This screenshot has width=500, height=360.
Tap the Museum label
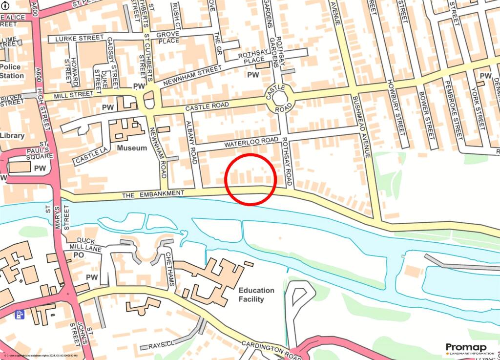tap(132, 148)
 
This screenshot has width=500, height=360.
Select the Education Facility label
tap(256, 295)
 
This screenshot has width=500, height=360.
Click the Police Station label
tap(12, 71)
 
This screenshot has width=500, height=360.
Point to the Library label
tap(12, 135)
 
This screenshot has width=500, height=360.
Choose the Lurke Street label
tap(80, 38)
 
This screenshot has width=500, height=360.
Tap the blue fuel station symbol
tap(20, 315)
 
